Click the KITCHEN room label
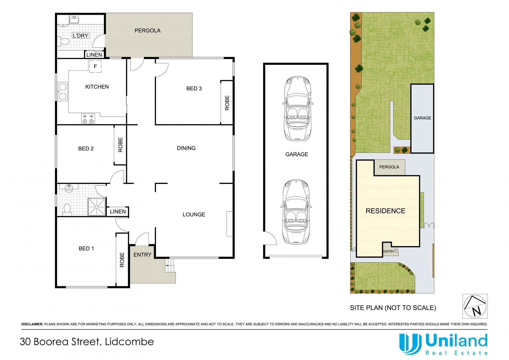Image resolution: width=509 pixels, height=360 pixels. (x=97, y=87)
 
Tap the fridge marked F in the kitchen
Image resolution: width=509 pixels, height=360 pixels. (x=95, y=66)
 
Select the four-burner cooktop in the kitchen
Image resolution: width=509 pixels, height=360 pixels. (x=88, y=118)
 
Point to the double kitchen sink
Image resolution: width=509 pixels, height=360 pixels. (x=63, y=92)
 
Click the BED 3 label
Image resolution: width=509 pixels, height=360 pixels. (x=194, y=89)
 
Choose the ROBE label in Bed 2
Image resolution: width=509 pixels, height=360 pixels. (x=120, y=145)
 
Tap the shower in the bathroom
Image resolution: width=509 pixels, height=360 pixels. (x=97, y=207)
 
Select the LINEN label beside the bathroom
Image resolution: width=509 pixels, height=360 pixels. (x=118, y=211)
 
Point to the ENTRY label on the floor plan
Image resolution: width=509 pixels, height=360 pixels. (x=142, y=255)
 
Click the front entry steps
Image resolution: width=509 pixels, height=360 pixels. (x=170, y=266)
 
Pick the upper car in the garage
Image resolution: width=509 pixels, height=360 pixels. (x=297, y=109)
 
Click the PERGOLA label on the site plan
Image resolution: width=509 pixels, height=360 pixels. (x=389, y=167)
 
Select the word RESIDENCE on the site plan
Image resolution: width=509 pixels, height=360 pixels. (x=385, y=211)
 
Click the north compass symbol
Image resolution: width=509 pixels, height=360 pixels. (x=475, y=306)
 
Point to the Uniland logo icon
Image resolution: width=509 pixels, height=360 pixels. (x=410, y=344)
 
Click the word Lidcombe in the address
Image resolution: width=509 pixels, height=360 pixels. (x=129, y=342)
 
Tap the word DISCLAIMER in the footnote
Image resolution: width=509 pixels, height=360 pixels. (x=32, y=324)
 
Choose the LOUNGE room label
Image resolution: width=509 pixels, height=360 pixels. (x=194, y=215)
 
